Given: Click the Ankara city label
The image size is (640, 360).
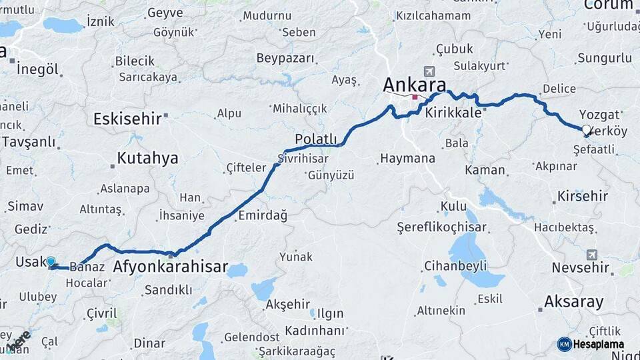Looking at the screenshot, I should tap(414, 85).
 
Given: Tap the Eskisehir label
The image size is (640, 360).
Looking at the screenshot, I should tap(127, 119).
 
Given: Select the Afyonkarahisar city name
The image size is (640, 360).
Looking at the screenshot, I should tap(171, 268).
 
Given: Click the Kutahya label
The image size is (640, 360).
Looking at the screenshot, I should tap(147, 158).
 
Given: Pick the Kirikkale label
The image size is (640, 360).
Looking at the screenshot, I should tap(453, 113).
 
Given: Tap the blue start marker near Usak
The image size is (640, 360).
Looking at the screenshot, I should tap(51, 263).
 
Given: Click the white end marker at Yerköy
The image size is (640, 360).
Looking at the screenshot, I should tap(586, 130).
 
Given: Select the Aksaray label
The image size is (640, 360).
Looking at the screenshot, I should tap(574, 301).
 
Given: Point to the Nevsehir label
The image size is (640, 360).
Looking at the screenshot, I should tap(581, 268).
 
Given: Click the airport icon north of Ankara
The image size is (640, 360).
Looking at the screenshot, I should tap(428, 71).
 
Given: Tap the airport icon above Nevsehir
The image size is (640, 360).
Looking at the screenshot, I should tap(592, 254).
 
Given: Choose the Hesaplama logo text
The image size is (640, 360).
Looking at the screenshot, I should tap(599, 344).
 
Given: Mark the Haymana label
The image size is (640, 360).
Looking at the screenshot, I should tap(407, 159).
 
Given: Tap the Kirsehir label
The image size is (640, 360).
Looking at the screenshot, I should tap(580, 196).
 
